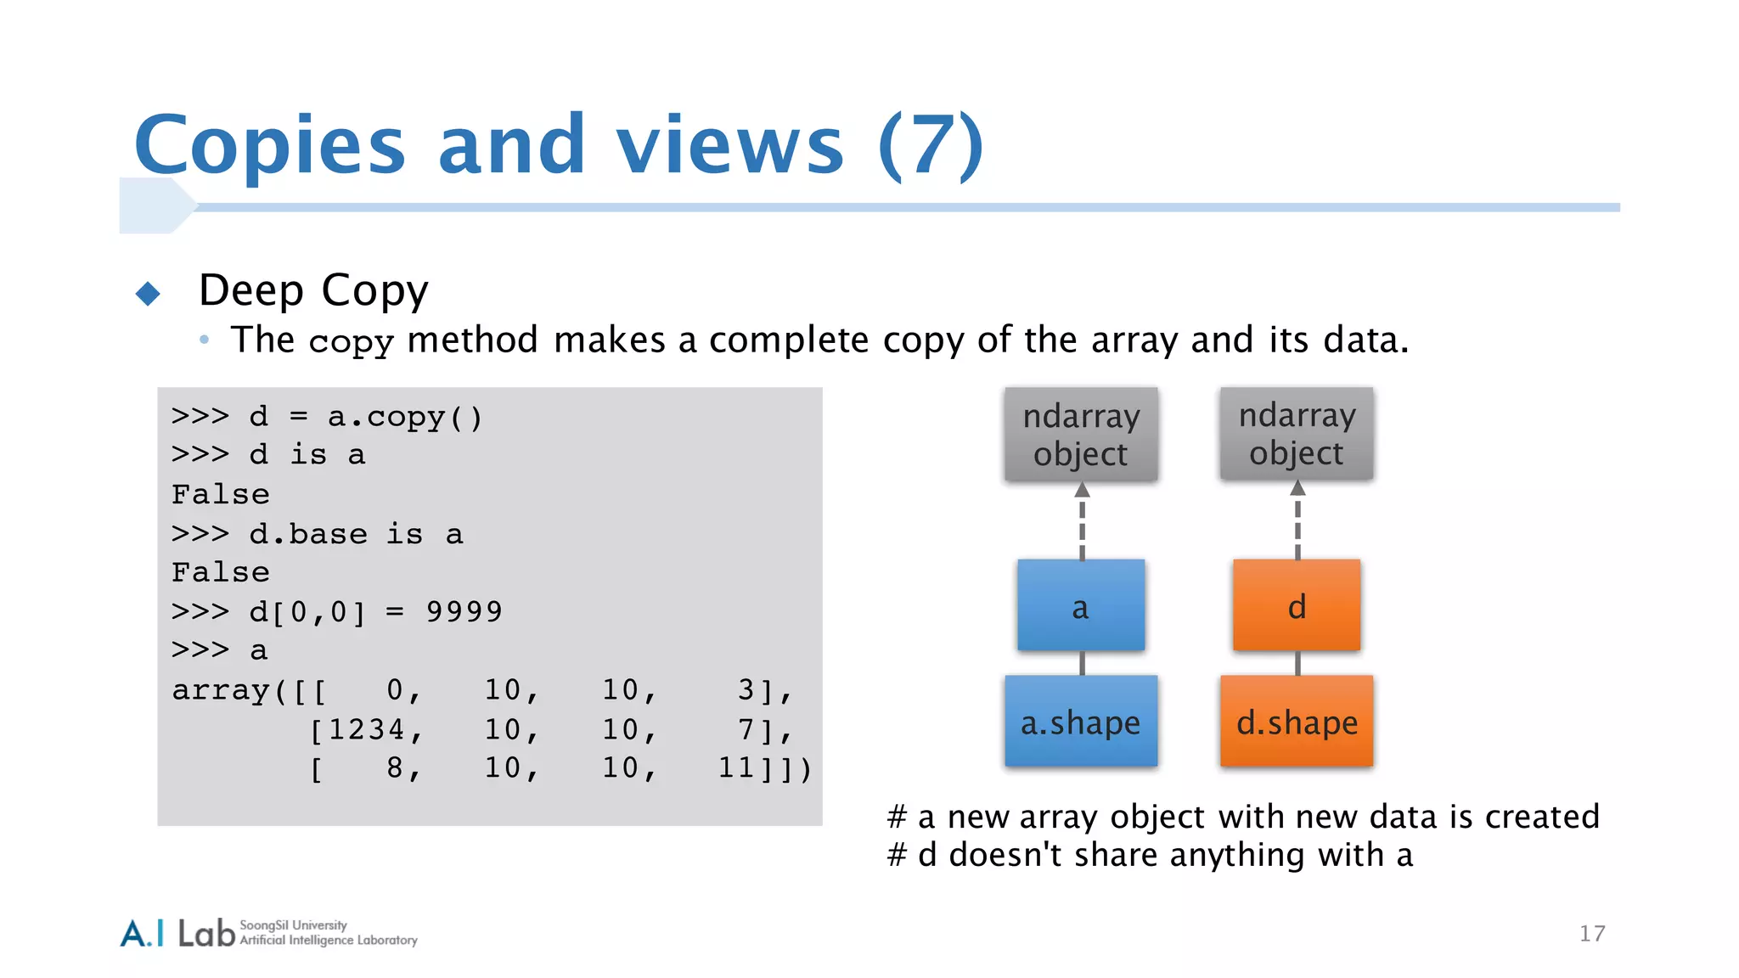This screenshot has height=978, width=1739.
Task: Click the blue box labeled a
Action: pos(1080,605)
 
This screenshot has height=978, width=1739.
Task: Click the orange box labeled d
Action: pos(1296,605)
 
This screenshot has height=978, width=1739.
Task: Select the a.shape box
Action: pos(1080,722)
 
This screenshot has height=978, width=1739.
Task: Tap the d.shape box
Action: pos(1296,722)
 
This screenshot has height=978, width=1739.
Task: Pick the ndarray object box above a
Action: pos(1080,435)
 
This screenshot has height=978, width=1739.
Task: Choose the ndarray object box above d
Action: pos(1296,434)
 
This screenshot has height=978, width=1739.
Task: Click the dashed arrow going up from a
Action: pos(1082,521)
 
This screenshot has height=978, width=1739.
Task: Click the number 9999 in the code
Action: pos(464,611)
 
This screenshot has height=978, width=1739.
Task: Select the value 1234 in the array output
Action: pos(366,729)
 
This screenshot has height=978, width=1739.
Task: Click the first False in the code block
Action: pos(220,494)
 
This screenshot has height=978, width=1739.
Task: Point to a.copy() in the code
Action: pos(404,417)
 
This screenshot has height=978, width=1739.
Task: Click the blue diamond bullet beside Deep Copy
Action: pos(148,294)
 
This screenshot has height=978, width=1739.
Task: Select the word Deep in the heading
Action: pos(250,290)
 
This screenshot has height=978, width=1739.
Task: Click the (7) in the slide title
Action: pos(931,145)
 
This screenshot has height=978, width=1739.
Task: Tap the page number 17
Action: pos(1591,934)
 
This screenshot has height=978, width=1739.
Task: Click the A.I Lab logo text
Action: pos(177,933)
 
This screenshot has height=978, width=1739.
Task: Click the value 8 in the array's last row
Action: pos(395,768)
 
